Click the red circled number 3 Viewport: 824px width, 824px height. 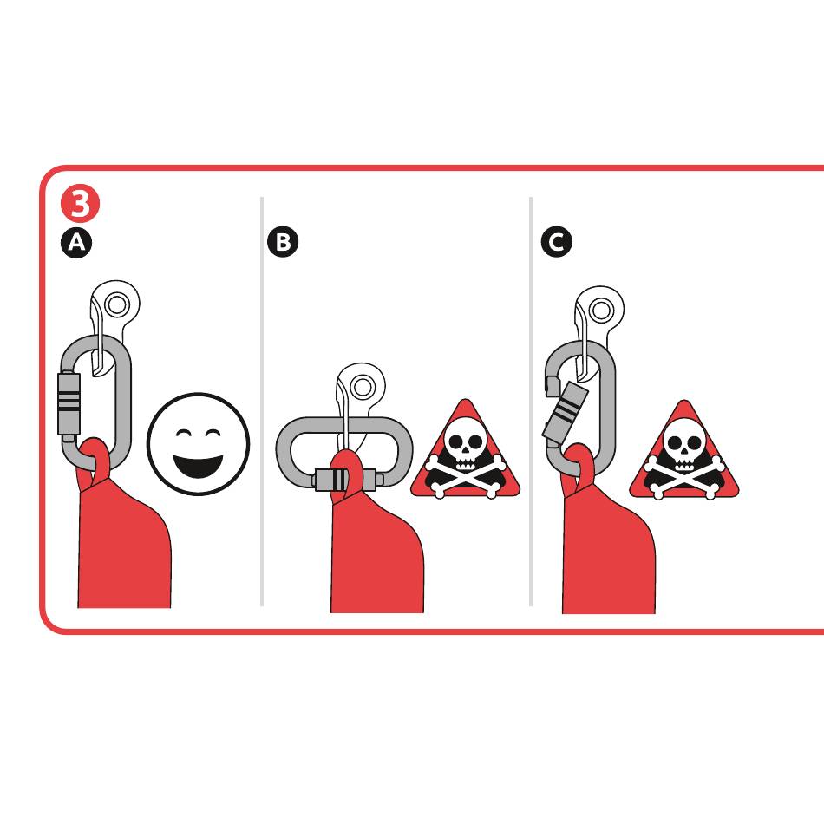click(x=80, y=203)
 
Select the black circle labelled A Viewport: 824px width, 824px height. click(x=76, y=243)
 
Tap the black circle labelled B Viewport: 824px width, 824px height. click(x=283, y=242)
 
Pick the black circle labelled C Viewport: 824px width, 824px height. click(x=557, y=242)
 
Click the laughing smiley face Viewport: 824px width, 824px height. click(x=198, y=444)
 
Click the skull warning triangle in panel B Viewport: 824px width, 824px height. click(x=465, y=450)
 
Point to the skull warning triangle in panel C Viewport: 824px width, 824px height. click(x=684, y=451)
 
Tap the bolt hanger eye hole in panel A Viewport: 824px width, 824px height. click(x=117, y=304)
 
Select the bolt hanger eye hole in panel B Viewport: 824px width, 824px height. click(x=362, y=388)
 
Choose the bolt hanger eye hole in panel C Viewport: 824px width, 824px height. click(x=601, y=310)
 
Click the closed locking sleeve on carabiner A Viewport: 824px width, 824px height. click(x=69, y=403)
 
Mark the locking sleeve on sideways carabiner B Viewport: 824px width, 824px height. click(x=345, y=480)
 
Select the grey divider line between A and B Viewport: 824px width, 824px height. click(x=262, y=402)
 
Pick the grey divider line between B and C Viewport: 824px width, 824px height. click(x=531, y=402)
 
